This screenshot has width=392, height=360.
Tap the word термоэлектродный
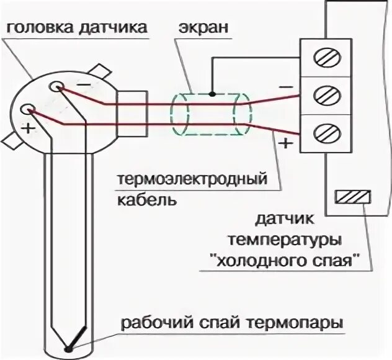[192, 181]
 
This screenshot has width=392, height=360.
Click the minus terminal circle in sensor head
[57, 87]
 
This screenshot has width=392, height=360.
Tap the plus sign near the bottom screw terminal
[286, 144]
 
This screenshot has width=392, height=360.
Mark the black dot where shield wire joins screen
[212, 94]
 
